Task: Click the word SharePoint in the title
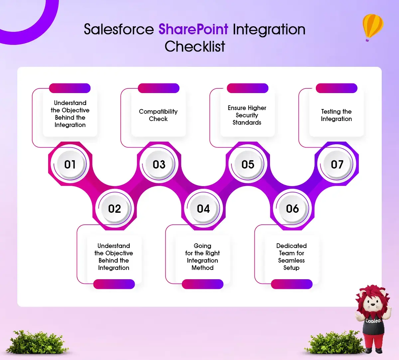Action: coord(193,29)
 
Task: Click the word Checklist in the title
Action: coord(195,46)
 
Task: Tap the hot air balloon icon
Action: coord(373,28)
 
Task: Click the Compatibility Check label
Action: coord(158,115)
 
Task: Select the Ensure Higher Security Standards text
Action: coord(247,115)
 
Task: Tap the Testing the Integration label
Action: coord(336,115)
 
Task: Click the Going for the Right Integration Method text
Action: coord(202,257)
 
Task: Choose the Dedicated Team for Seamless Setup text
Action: coord(291,257)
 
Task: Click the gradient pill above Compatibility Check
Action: coord(159,88)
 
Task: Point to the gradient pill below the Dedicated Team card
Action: coord(292,284)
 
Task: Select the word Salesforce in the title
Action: coord(119,29)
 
